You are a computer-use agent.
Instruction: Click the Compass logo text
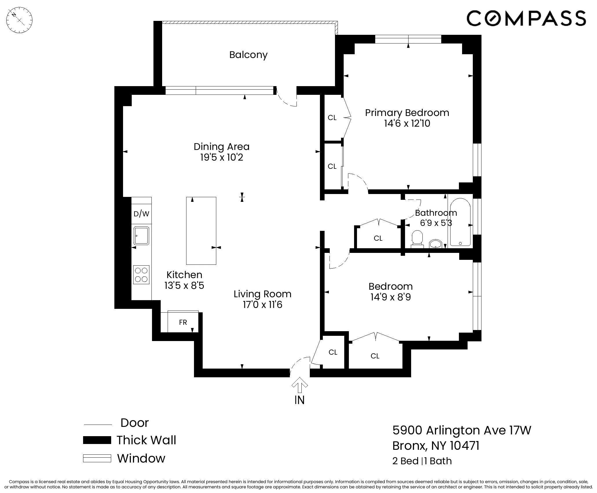[x=526, y=18]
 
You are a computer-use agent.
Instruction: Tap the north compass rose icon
[x=19, y=20]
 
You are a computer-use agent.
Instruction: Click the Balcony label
[x=248, y=55]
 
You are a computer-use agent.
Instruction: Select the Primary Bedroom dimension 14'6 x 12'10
[x=407, y=124]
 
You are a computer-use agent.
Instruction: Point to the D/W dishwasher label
[x=141, y=214]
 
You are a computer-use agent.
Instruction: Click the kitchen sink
[x=141, y=235]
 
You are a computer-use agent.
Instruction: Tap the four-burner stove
[x=141, y=275]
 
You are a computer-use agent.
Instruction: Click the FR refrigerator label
[x=183, y=322]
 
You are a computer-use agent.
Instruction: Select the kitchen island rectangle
[x=201, y=231]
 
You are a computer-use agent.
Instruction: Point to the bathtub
[x=460, y=222]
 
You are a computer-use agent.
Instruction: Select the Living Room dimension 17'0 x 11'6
[x=262, y=305]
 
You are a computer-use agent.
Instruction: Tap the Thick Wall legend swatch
[x=97, y=440]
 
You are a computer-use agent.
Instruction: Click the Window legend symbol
[x=97, y=458]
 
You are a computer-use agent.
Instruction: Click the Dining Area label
[x=221, y=147]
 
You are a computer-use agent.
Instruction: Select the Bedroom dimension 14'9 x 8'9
[x=390, y=297]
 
